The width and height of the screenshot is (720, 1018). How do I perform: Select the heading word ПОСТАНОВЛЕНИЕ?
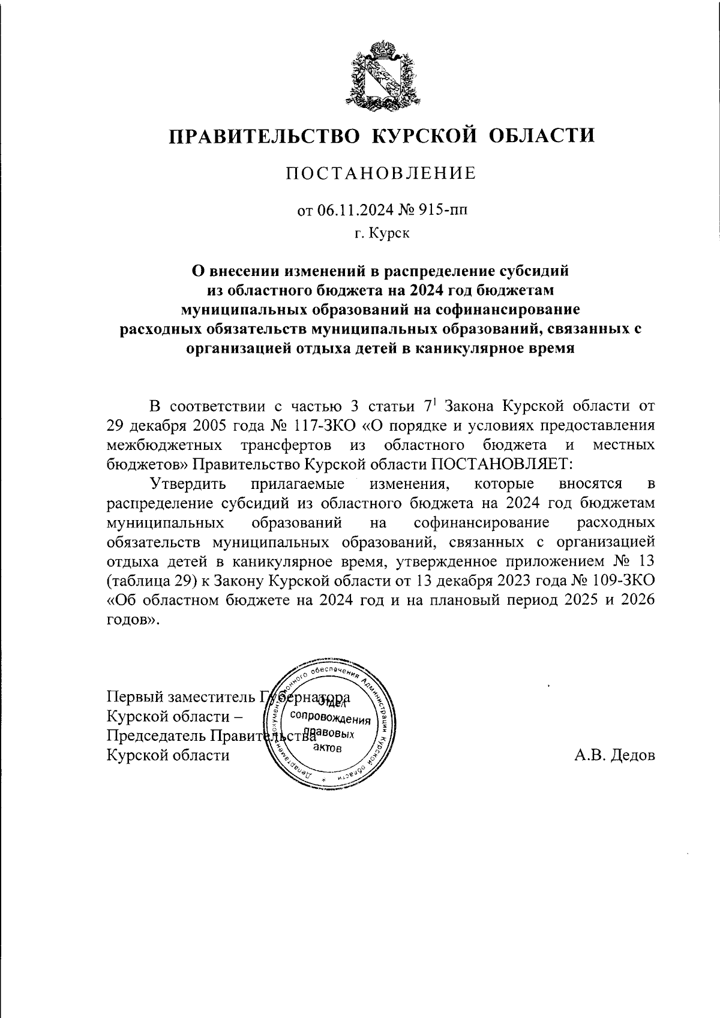380,174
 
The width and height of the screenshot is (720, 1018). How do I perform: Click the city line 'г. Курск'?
381,233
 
